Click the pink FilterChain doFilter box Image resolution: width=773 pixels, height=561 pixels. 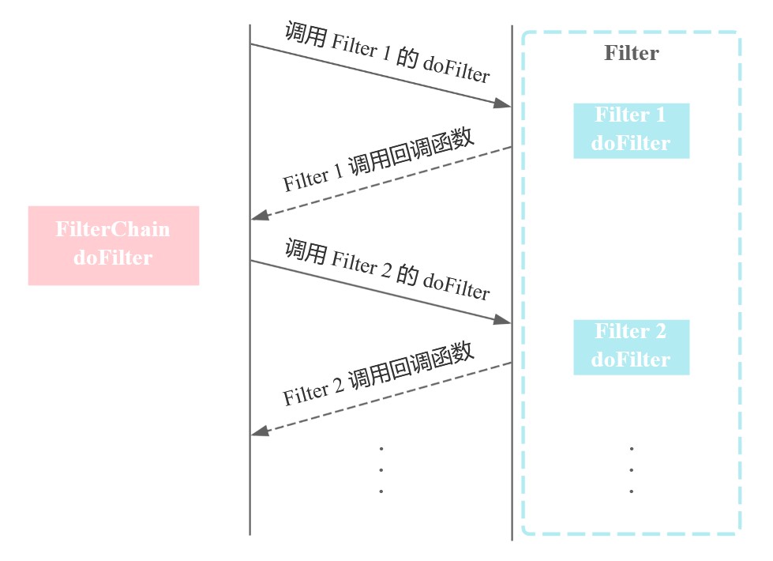[x=114, y=245]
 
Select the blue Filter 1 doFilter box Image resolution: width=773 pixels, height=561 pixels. [x=631, y=130]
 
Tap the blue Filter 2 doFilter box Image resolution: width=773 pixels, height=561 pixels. [x=631, y=347]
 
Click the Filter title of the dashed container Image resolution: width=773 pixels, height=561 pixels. [x=631, y=54]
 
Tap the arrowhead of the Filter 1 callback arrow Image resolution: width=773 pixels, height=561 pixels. [x=258, y=216]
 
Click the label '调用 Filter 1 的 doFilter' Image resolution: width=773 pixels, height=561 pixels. [x=387, y=55]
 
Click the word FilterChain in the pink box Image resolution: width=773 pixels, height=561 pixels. [x=113, y=230]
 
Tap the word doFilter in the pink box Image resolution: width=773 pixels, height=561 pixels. [x=113, y=258]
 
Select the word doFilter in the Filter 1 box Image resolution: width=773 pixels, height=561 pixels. [x=631, y=144]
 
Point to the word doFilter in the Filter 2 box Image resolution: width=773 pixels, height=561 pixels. [x=631, y=360]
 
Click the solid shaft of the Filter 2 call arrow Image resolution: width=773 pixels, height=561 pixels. [x=379, y=291]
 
